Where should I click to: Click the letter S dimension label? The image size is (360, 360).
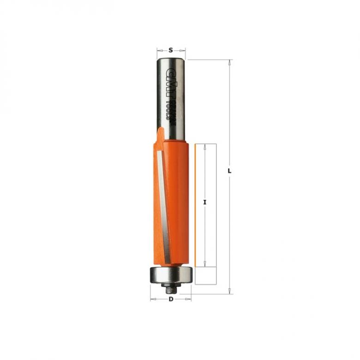point(171,50)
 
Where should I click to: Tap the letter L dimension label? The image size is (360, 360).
point(229,171)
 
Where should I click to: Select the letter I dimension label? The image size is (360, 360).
point(205,202)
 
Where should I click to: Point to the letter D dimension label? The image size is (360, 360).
point(171,299)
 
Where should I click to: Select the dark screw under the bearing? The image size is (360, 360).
point(170,288)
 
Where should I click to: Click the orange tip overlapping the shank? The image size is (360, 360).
point(160,136)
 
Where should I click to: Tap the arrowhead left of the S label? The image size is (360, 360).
point(159,50)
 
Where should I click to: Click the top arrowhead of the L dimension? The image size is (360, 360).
point(229,62)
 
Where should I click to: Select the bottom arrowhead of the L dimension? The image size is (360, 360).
point(229,292)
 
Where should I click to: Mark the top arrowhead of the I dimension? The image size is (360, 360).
point(205,146)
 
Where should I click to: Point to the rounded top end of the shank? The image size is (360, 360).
point(171,59)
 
